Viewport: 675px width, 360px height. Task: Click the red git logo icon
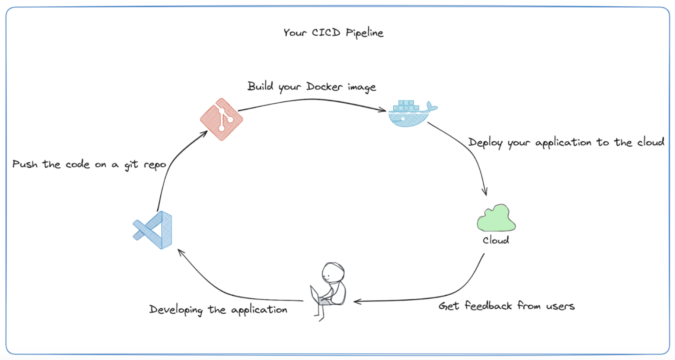[x=221, y=119]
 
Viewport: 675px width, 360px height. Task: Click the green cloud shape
[x=496, y=219]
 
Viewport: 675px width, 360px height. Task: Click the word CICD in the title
[x=326, y=33]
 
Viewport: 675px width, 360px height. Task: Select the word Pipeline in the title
[x=364, y=33]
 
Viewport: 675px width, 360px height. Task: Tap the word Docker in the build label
[x=324, y=87]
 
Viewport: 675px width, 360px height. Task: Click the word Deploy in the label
[x=485, y=143]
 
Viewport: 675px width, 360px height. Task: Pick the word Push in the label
[x=25, y=164]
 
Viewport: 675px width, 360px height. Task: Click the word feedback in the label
[x=488, y=306]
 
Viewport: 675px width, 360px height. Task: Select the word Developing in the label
[x=176, y=310]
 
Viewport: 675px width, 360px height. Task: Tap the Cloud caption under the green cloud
[x=496, y=241]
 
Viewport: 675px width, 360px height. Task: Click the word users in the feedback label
[x=560, y=306]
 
